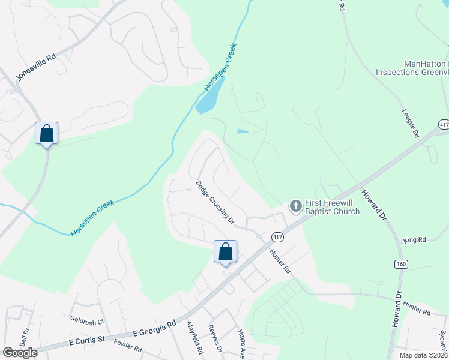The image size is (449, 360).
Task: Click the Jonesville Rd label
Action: coord(35,65)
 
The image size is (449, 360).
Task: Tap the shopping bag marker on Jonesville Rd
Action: coord(46,134)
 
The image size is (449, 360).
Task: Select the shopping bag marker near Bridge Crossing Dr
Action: coord(225,251)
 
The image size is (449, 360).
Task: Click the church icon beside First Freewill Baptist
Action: coord(295,206)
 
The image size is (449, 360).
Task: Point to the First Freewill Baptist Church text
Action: coord(332,207)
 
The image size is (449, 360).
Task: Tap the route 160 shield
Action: coord(400,264)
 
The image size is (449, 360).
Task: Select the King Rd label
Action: coord(414,239)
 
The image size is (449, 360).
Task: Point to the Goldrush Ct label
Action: coord(87,320)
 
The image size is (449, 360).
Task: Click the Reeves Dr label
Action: coord(215,339)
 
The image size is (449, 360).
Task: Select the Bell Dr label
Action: coord(25,338)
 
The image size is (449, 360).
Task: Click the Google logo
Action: coord(20,353)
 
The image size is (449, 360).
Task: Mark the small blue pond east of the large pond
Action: coord(243,131)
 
